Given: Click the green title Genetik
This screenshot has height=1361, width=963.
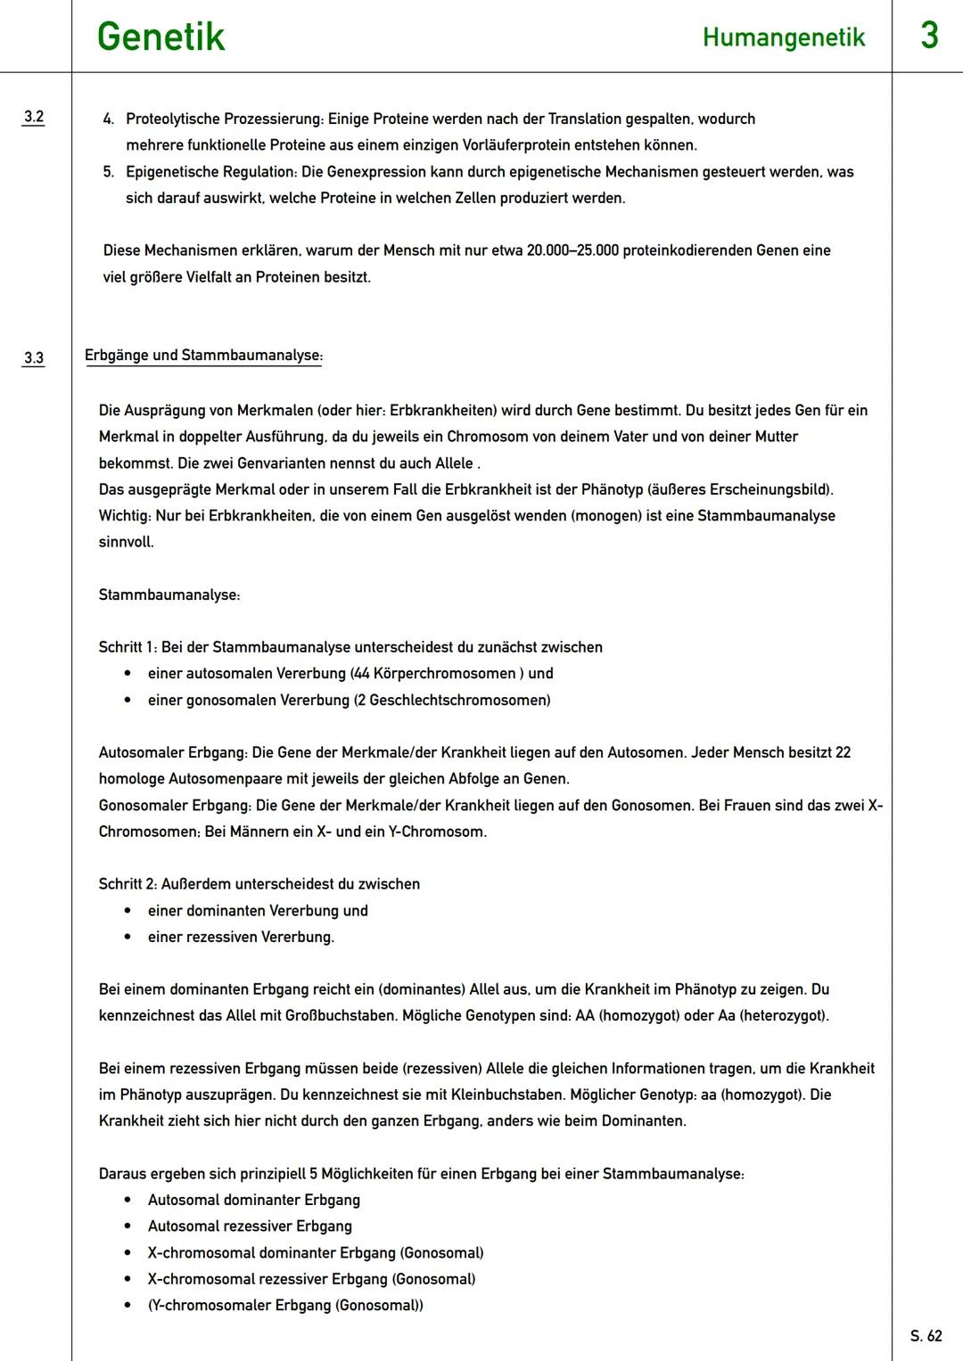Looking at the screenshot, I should (x=160, y=37).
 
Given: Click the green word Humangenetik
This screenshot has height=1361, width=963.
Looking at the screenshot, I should (x=783, y=37).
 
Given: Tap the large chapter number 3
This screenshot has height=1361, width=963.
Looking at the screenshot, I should (x=928, y=36).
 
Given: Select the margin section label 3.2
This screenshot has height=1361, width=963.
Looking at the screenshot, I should (x=34, y=117).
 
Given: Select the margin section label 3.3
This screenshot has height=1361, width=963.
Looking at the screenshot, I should (x=34, y=358).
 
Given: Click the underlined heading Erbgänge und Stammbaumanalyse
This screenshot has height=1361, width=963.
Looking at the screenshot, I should (x=203, y=356).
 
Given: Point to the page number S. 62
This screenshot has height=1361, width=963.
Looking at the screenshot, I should (x=926, y=1335).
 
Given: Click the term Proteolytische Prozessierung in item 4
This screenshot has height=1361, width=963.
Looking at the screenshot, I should (x=224, y=119).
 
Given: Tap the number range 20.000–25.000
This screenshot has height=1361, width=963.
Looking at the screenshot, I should (x=572, y=250).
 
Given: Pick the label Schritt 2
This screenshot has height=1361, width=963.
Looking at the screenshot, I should (x=127, y=884).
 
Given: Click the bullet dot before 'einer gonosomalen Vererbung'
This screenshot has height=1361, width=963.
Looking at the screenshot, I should (x=128, y=701).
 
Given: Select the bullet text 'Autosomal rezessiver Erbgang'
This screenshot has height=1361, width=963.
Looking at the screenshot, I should (x=250, y=1226).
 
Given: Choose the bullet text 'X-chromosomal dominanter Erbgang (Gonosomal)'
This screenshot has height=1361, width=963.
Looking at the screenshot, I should (x=316, y=1253).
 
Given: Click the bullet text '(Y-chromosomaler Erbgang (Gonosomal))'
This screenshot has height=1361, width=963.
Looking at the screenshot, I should (x=285, y=1306).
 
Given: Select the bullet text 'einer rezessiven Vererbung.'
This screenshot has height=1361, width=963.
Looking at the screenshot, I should (x=241, y=937).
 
